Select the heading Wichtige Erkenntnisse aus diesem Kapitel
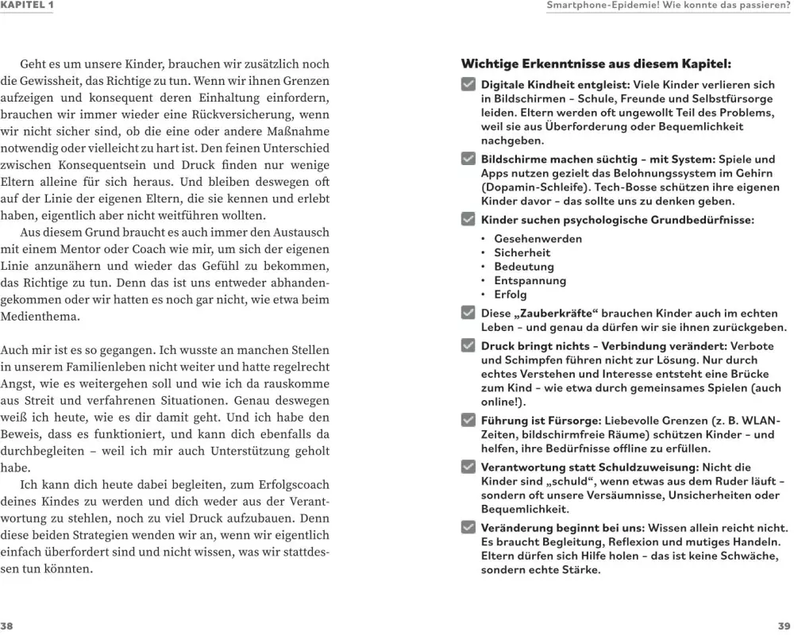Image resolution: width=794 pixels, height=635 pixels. point(595,63)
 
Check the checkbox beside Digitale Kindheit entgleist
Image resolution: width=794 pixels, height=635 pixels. point(468,84)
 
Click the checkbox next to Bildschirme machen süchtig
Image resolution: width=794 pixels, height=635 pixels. point(468,159)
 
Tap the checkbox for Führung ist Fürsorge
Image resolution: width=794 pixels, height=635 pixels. point(468,420)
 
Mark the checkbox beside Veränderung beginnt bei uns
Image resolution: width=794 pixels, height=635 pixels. point(468,528)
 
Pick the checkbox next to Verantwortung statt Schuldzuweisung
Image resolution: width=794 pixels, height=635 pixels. point(468,468)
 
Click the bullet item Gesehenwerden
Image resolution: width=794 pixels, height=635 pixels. point(538,239)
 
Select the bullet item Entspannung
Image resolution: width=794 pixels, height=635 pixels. point(530,281)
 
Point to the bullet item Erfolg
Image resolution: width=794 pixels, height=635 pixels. point(511,294)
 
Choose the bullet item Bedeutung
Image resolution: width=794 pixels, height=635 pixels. point(524,267)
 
